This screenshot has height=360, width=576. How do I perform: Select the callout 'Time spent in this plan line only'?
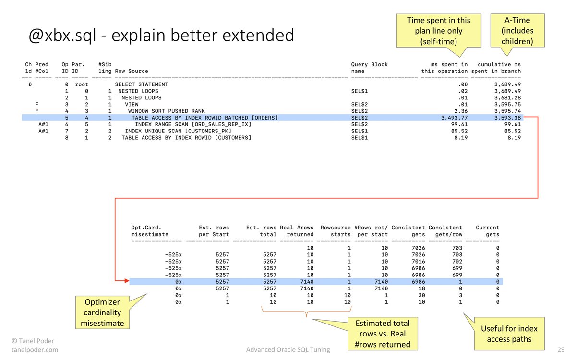tap(438, 30)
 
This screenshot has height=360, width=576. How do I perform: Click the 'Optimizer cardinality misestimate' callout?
tap(102, 313)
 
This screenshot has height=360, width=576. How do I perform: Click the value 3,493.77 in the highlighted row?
tap(451, 118)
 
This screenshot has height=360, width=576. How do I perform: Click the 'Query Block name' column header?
tap(370, 68)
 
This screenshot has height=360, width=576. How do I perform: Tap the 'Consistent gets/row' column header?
tap(445, 231)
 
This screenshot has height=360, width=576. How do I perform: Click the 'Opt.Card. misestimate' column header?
tap(150, 231)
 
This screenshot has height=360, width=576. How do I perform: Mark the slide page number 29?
tap(561, 350)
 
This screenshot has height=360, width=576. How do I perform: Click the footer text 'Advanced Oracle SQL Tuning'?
tap(288, 350)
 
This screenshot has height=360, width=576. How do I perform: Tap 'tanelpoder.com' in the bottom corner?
tap(35, 350)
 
